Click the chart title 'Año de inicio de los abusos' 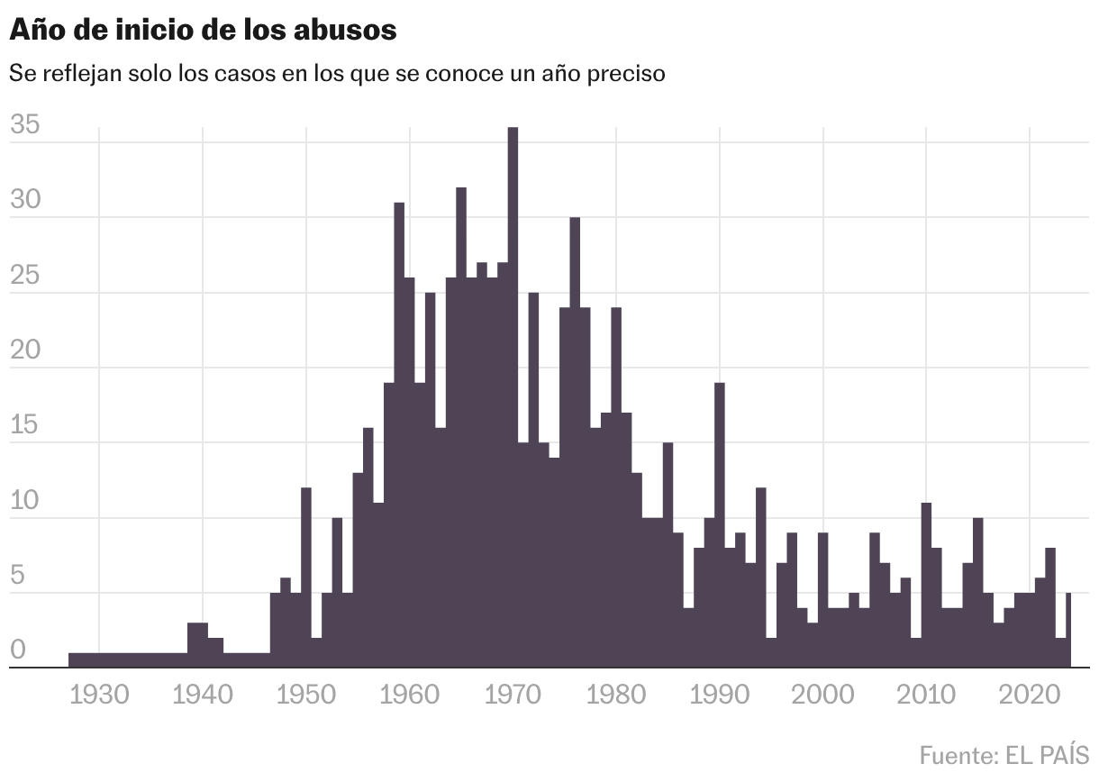[x=203, y=29]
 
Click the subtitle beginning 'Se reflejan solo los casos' [x=337, y=73]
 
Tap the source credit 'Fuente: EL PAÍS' [x=1004, y=753]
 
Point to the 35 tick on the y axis [x=25, y=125]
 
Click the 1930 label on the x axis [x=99, y=696]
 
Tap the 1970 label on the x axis [x=513, y=696]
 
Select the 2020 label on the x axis [x=1030, y=696]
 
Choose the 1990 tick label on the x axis [x=720, y=696]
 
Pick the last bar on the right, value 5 [x=1068, y=631]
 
